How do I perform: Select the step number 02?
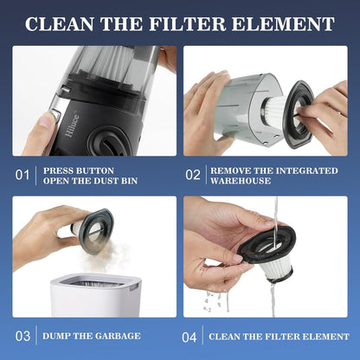193,176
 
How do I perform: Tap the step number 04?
193,334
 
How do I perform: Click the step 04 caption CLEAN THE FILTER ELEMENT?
279,334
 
